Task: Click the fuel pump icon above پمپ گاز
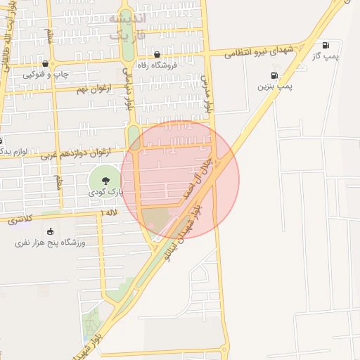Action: tap(326, 44)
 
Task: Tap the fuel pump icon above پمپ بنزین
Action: tap(274, 75)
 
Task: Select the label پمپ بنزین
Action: tap(274, 86)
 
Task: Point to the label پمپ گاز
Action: tap(326, 56)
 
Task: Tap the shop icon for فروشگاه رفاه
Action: tap(156, 54)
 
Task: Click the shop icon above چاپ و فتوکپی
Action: tap(46, 63)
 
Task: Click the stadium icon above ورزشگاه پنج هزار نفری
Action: tap(49, 231)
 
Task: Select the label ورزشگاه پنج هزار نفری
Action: tap(50, 243)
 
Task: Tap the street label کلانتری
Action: tap(22, 219)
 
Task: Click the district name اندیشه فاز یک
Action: tap(126, 24)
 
